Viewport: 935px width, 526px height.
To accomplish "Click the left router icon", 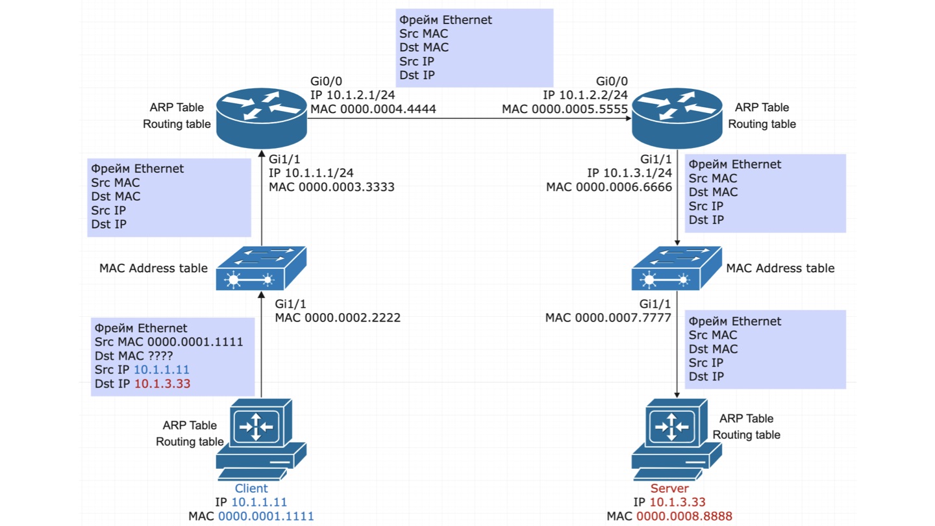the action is pos(262,118).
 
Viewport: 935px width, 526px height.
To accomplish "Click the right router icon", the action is pos(677,118).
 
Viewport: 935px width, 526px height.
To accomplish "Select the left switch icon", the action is pos(261,268).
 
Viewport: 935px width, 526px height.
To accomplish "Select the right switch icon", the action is pos(677,268).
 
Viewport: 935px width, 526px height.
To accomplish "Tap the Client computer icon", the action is pos(261,439).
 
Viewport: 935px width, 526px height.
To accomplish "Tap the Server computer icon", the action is pos(677,439).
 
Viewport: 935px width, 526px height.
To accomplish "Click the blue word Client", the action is pos(251,488).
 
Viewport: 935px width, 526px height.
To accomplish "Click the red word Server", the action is pos(669,488).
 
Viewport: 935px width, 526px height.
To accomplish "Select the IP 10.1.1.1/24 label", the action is pos(311,173).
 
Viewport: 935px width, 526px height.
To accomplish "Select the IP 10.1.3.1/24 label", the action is pos(629,173).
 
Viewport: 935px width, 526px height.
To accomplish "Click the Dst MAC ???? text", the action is pos(134,356).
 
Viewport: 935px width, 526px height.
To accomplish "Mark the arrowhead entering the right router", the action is pos(629,118).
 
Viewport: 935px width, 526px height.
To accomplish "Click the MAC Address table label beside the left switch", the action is pos(153,268).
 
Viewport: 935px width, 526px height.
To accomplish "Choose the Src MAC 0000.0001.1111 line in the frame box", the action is pos(169,342).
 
